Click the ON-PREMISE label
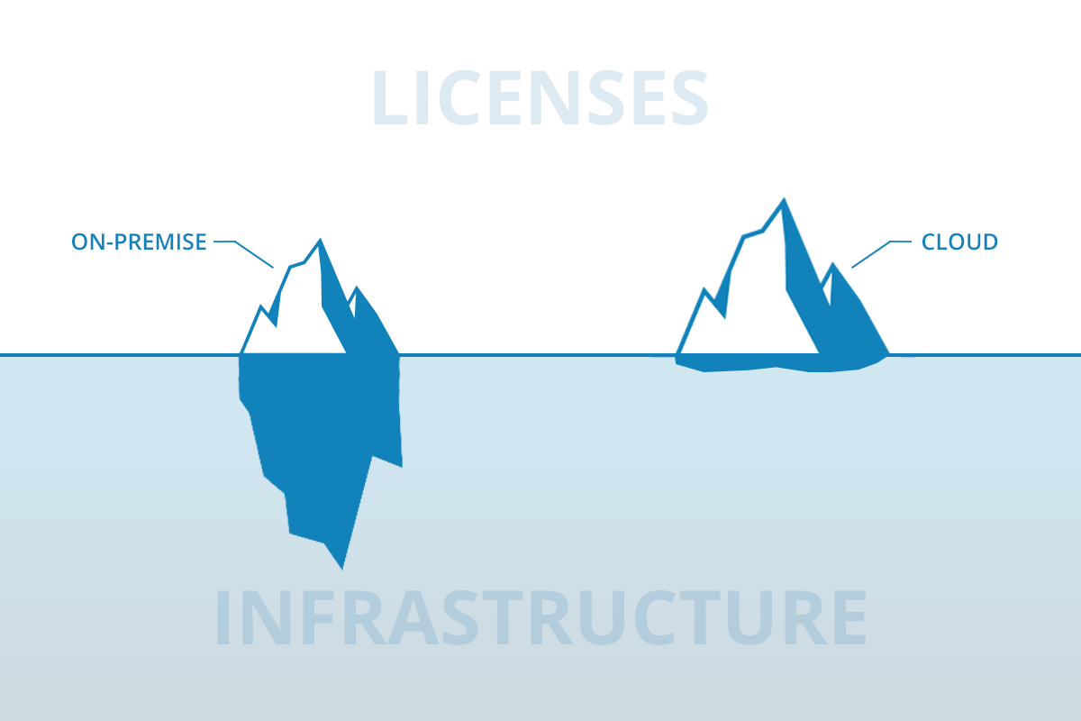pos(139,242)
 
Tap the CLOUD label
pos(959,242)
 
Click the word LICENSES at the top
pos(540,97)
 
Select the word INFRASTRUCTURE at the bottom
pos(540,617)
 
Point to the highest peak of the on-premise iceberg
pos(320,240)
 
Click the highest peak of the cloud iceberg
pos(783,199)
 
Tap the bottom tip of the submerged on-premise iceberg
pos(342,568)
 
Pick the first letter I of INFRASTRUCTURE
pos(222,617)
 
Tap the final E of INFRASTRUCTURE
pos(849,617)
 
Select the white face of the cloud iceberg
pos(758,309)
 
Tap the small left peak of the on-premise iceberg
pos(261,307)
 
